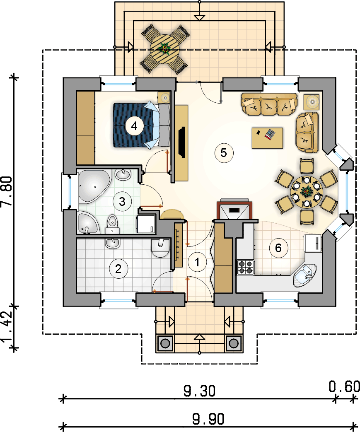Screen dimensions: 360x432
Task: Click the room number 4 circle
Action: (x=134, y=126)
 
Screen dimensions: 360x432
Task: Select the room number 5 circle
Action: (x=224, y=153)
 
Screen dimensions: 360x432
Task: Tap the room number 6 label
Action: (x=278, y=248)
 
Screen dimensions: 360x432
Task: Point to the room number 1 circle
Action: (x=197, y=262)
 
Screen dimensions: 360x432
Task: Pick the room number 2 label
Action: (x=118, y=269)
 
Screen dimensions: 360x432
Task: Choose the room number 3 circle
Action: (x=122, y=201)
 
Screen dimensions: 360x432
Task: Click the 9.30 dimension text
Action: (x=199, y=391)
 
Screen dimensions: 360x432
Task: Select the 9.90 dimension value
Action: (x=208, y=419)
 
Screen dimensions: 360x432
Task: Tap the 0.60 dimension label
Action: (x=344, y=386)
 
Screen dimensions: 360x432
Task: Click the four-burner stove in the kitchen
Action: (x=246, y=267)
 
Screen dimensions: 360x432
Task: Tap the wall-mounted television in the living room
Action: (x=182, y=142)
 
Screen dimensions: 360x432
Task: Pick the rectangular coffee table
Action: (x=267, y=138)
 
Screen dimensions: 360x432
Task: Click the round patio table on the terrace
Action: (x=164, y=49)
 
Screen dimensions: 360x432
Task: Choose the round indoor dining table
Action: (x=307, y=191)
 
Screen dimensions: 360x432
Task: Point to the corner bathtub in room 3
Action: (x=94, y=186)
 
